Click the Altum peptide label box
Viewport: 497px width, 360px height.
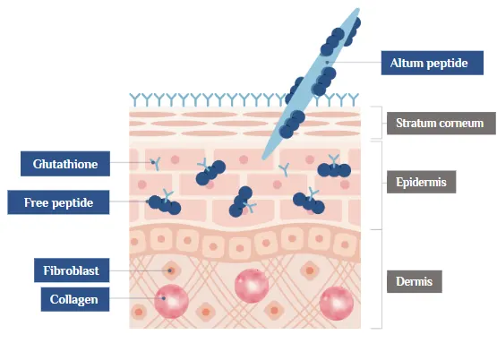click(429, 63)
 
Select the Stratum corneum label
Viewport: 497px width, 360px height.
click(441, 123)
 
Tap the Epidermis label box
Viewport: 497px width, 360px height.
click(422, 183)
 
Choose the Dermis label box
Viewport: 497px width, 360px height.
click(415, 282)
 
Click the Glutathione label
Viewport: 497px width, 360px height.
click(59, 164)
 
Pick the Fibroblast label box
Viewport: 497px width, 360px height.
click(72, 270)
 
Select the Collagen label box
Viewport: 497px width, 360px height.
click(74, 299)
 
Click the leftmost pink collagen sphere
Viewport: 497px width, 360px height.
click(170, 300)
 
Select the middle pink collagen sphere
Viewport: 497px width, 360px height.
click(252, 286)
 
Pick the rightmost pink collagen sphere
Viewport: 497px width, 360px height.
click(337, 302)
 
